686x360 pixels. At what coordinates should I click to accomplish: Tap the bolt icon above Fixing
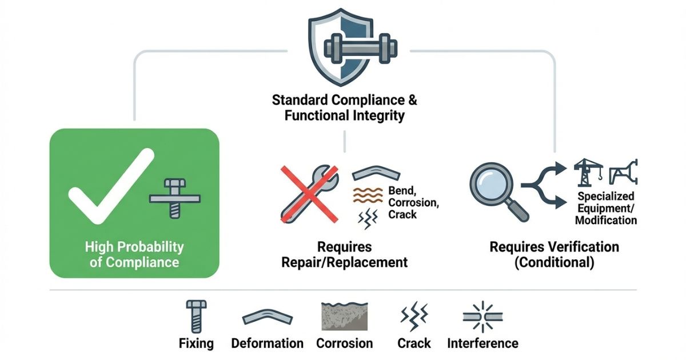pyautogui.click(x=194, y=316)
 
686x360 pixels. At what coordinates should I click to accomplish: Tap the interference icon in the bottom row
pyautogui.click(x=482, y=316)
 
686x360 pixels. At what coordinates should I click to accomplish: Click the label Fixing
pyautogui.click(x=196, y=343)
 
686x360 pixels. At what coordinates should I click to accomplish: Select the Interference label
pyautogui.click(x=482, y=343)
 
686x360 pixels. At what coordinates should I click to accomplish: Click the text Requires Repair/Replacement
pyautogui.click(x=345, y=255)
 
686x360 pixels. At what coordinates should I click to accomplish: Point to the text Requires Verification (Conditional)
pyautogui.click(x=554, y=255)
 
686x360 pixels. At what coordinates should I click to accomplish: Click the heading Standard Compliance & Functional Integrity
pyautogui.click(x=345, y=107)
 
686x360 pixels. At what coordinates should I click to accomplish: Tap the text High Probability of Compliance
pyautogui.click(x=134, y=255)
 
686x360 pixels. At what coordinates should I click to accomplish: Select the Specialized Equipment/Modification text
pyautogui.click(x=605, y=208)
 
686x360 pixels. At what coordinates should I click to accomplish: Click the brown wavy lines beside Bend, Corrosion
pyautogui.click(x=368, y=194)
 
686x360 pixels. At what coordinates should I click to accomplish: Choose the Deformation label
pyautogui.click(x=267, y=343)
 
